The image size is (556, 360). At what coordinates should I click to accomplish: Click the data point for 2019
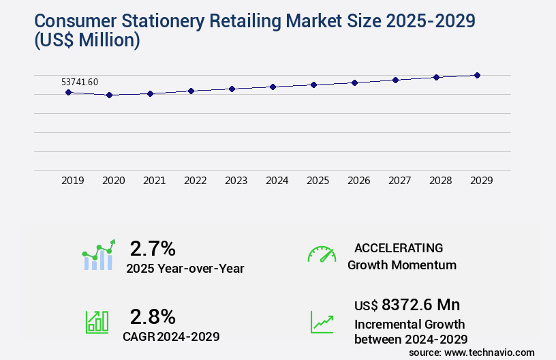pos(68,92)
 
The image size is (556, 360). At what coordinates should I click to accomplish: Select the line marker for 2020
pos(109,95)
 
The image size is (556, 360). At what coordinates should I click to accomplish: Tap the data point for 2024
pos(273,87)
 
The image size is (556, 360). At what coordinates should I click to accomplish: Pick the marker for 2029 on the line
pos(477,75)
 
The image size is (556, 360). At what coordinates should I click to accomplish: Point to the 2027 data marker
pos(395,80)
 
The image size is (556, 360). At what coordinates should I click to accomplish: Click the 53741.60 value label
pos(80,82)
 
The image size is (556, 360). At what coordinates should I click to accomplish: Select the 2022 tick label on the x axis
pos(195,181)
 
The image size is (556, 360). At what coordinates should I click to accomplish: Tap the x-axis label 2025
pos(318,181)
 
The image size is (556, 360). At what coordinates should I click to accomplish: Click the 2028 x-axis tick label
pos(440,181)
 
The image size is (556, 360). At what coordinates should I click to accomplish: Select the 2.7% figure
pos(153,248)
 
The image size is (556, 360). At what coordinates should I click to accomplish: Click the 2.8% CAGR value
pos(153,316)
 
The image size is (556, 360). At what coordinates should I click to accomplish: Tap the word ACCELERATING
pos(399,247)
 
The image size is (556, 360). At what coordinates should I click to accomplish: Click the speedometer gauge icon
pos(322,255)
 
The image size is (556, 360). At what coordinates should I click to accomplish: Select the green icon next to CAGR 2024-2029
pos(97,322)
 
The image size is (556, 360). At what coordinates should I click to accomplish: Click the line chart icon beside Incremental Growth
pos(322,322)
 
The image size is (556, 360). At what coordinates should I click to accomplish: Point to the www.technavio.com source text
pos(489,352)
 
